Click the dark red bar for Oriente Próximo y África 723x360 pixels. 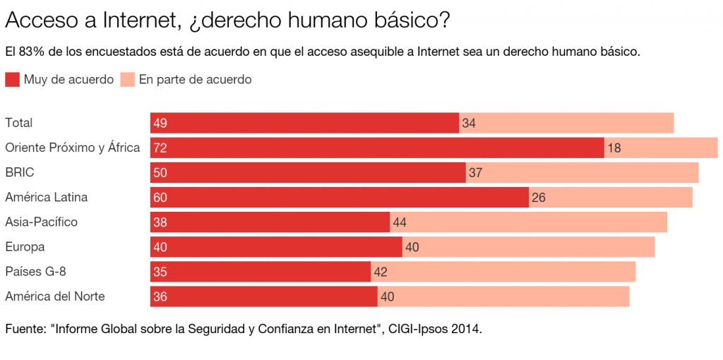tap(377, 148)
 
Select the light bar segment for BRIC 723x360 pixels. tap(582, 172)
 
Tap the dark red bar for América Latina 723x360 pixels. tap(340, 198)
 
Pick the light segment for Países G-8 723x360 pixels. tap(503, 272)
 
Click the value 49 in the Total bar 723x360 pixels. tap(160, 123)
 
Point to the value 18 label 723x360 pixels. tap(614, 148)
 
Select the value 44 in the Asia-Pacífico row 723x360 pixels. tap(400, 222)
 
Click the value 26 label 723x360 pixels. tap(539, 198)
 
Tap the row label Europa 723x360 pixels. tap(25, 247)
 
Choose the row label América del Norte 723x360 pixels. tap(55, 296)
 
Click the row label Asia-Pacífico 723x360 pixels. tap(41, 222)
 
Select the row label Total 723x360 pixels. tap(19, 123)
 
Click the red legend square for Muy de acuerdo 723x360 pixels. tap(12, 79)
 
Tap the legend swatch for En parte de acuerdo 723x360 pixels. tap(128, 79)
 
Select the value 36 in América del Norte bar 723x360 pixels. tap(160, 296)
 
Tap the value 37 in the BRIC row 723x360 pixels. tap(475, 172)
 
